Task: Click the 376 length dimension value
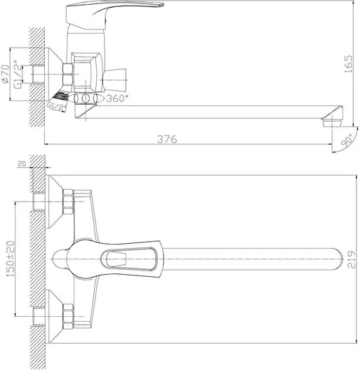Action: point(166,140)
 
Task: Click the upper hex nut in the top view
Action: point(68,203)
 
